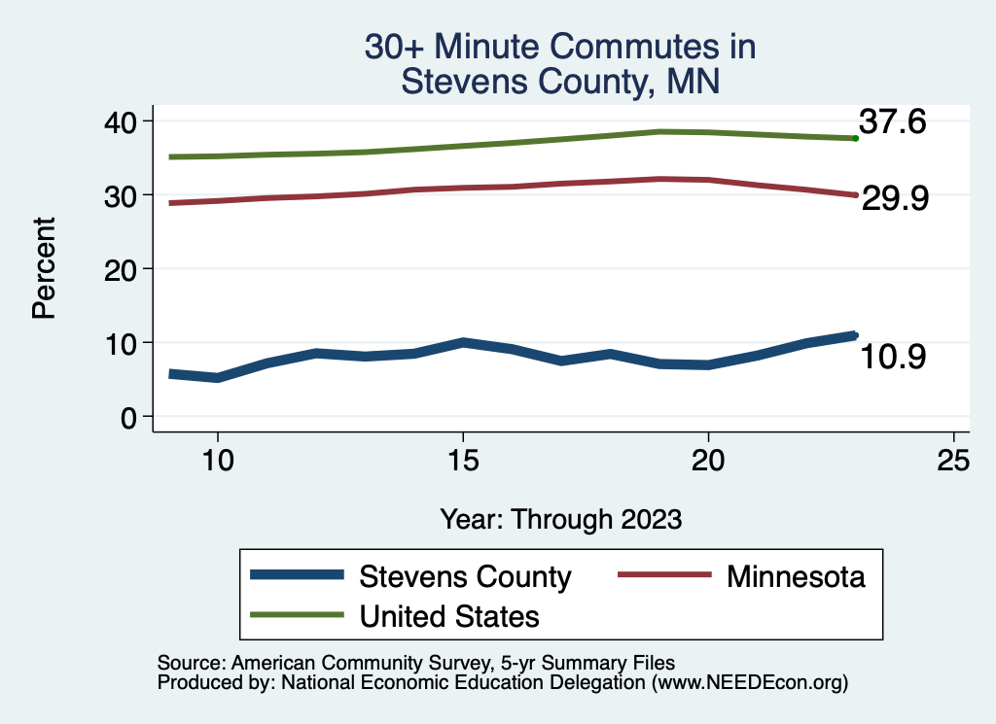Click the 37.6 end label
[891, 122]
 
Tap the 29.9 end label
[895, 198]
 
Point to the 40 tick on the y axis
[125, 121]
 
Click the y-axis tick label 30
[125, 194]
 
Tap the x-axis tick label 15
[463, 460]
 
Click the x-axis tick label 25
[954, 460]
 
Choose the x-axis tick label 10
[217, 460]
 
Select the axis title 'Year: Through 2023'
[560, 519]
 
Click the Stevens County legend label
[465, 576]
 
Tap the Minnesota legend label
[795, 576]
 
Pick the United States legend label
[449, 615]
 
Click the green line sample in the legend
[297, 614]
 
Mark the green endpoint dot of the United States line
[855, 139]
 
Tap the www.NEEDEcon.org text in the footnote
[750, 682]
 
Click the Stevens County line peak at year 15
[463, 342]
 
